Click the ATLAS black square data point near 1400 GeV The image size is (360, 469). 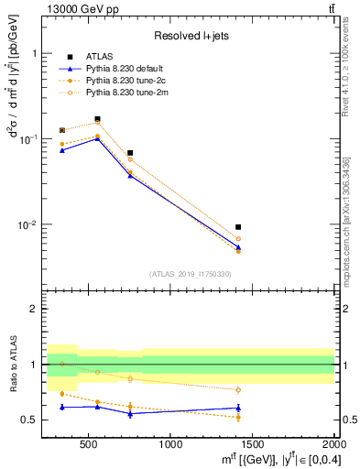[x=238, y=227]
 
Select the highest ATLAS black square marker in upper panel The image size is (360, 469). [x=97, y=119]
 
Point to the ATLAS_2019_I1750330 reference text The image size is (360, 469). [x=189, y=274]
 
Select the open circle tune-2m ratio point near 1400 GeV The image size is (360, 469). [x=238, y=389]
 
